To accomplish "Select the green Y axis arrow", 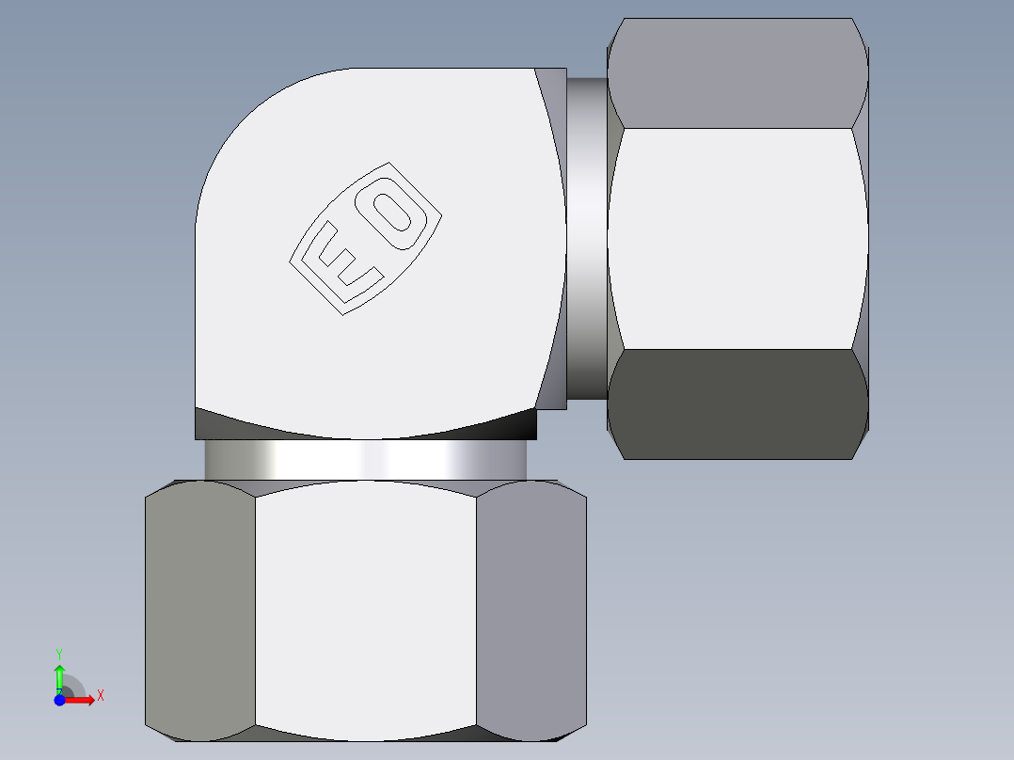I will pos(59,677).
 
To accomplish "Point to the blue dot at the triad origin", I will pos(59,700).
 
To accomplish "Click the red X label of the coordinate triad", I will pos(100,696).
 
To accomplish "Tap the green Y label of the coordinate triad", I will pos(59,653).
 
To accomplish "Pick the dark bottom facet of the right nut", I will pos(737,404).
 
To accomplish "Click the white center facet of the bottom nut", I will pos(366,611).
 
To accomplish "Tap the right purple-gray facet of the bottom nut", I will pos(531,611).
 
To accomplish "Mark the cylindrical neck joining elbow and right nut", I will pos(587,240).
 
